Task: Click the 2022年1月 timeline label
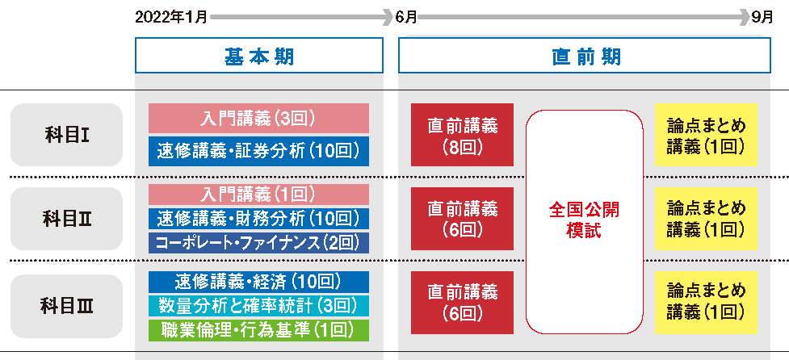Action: point(172,16)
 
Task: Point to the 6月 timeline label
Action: point(405,16)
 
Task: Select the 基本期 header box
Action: point(258,56)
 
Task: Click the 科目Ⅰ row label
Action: point(66,135)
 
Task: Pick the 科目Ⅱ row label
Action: point(66,219)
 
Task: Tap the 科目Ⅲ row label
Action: point(66,306)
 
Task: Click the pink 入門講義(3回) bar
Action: point(258,119)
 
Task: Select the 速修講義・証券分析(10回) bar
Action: point(258,151)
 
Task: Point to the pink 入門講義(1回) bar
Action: point(258,195)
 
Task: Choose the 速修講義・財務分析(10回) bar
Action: point(258,218)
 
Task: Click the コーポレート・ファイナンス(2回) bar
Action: point(258,241)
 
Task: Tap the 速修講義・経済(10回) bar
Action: point(258,282)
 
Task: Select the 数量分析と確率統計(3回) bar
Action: point(258,305)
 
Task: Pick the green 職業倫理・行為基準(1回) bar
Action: point(258,329)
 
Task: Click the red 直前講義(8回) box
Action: point(462,135)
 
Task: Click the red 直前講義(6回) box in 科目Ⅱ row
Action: point(462,219)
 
